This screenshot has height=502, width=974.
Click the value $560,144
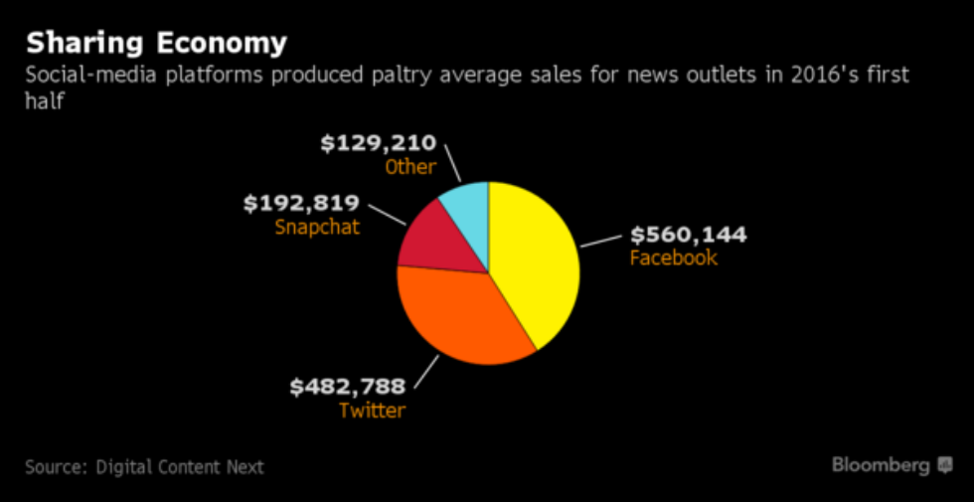pos(688,236)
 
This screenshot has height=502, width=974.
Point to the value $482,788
pos(347,387)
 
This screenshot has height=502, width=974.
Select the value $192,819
pos(301,204)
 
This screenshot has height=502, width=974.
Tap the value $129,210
pos(378,144)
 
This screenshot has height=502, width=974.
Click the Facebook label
pos(673,258)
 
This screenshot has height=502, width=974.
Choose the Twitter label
pos(372,410)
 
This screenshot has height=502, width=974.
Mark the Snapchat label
pos(317,227)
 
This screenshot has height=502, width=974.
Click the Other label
pos(410,167)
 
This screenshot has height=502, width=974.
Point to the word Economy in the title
pos(222,44)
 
